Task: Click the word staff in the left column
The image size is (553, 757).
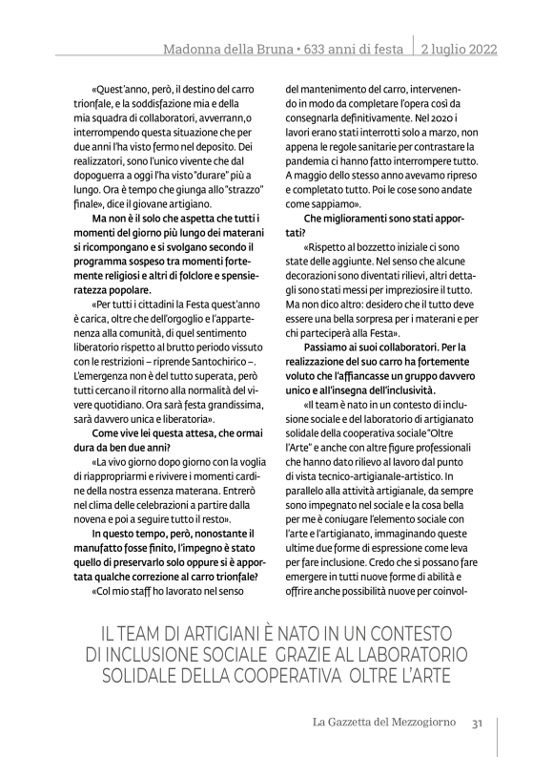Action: (x=141, y=591)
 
